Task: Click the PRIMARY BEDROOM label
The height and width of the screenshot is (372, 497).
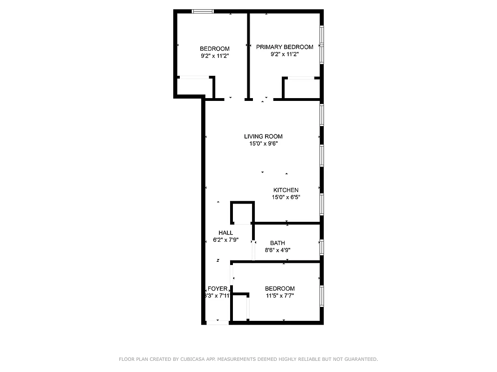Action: coord(284,47)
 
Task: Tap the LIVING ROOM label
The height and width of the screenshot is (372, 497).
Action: coord(263,136)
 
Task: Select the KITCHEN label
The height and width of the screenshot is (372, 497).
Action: coord(286,190)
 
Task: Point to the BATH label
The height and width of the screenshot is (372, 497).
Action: coord(277,243)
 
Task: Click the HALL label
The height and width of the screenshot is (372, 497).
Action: coord(225,232)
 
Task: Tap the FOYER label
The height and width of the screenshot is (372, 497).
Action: coord(218,288)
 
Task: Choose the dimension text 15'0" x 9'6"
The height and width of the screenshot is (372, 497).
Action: coord(263,144)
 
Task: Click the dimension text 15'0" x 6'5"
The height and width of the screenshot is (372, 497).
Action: coord(286,197)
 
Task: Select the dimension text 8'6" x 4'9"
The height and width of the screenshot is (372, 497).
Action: coord(277,250)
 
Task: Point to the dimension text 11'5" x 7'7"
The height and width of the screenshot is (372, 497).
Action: coord(279,296)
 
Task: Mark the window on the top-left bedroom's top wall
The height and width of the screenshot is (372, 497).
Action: coord(203,12)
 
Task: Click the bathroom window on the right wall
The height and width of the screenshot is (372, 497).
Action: coord(321,247)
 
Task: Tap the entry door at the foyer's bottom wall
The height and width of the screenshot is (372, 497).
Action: coord(218,322)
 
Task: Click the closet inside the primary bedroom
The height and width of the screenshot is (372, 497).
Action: coord(301,88)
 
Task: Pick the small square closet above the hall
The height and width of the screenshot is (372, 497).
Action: coord(242,213)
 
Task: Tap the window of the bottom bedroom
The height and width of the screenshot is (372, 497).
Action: coord(321,296)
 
